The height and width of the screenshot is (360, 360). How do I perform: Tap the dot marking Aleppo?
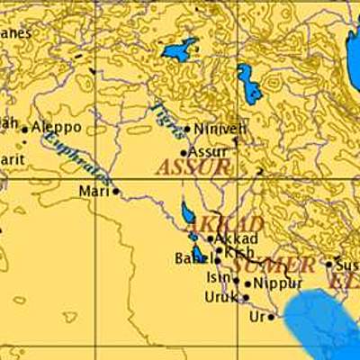tap(25, 130)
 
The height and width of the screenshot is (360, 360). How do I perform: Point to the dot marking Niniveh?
tap(186, 130)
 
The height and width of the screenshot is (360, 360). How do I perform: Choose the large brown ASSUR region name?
tap(193, 167)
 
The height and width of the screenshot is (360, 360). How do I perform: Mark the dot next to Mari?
tap(115, 191)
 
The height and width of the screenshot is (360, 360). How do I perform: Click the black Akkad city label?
tap(238, 238)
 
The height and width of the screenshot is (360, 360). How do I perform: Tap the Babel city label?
tap(192, 259)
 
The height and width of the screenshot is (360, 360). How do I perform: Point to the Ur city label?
tap(257, 317)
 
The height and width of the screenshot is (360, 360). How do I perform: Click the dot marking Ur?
tap(271, 317)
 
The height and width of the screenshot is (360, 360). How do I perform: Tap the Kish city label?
tap(239, 253)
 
